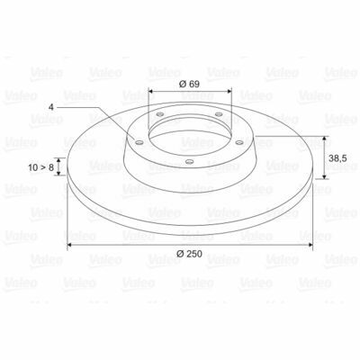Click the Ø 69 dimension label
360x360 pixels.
[x=189, y=84]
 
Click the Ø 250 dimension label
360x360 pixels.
[x=189, y=254]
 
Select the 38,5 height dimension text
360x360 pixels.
[x=337, y=158]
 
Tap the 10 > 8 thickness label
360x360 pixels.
[x=41, y=167]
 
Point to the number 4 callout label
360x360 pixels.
[x=51, y=107]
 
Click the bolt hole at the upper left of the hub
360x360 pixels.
[x=160, y=114]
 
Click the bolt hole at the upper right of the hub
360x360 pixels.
[x=219, y=113]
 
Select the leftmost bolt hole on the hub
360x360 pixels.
[x=139, y=142]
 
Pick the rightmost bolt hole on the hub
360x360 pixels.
[x=239, y=142]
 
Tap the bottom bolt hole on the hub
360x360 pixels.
[x=189, y=162]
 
